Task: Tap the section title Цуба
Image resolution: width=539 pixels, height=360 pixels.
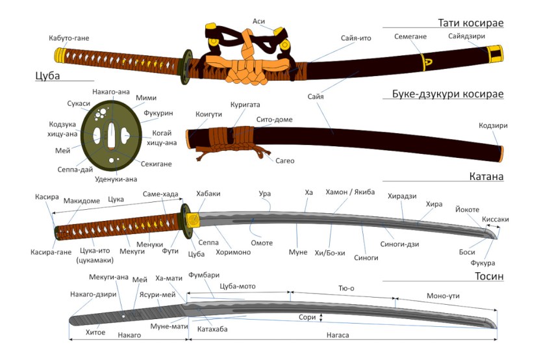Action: tap(47, 76)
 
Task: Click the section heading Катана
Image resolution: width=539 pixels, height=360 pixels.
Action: tap(486, 177)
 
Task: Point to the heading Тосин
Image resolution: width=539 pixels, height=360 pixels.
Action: tap(489, 277)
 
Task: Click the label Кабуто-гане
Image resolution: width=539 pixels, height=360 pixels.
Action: tap(69, 38)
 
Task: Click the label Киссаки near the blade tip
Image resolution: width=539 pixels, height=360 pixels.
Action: tap(495, 220)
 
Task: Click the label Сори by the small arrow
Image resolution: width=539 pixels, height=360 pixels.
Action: tap(307, 318)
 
